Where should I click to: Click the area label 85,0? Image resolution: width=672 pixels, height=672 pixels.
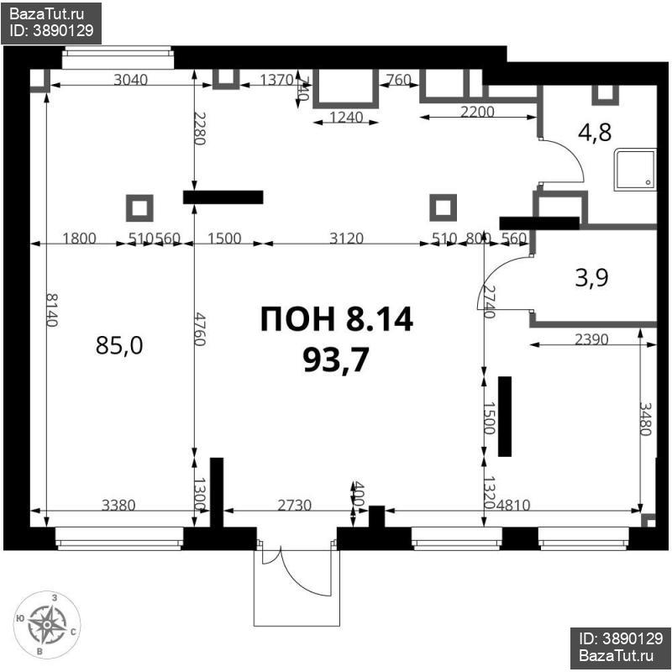pos(119,345)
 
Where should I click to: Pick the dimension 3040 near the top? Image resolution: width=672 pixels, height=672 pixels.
pos(130,81)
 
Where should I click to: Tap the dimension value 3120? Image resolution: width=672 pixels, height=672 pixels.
pos(345,239)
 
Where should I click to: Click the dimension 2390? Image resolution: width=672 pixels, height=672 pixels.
pos(593,339)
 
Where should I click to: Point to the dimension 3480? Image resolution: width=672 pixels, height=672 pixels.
pos(645,417)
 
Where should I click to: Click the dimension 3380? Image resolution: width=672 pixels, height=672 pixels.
pos(118,505)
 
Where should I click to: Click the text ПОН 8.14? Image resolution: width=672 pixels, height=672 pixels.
pos(336,319)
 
